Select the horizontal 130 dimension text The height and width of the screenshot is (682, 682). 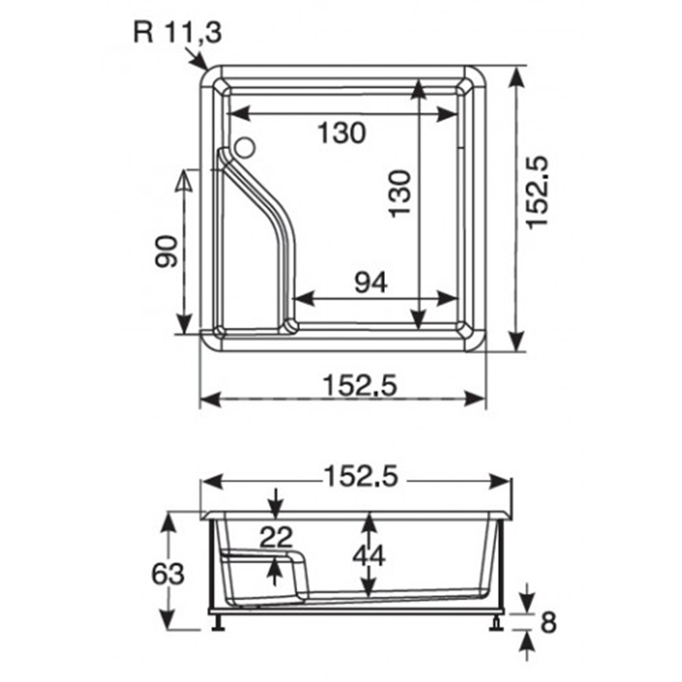pyautogui.click(x=340, y=133)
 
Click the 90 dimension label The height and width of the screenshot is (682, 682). pyautogui.click(x=165, y=252)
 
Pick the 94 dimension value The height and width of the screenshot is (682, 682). pyautogui.click(x=370, y=283)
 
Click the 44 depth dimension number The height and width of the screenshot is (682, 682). pyautogui.click(x=368, y=554)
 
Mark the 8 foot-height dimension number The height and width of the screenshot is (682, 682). pyautogui.click(x=549, y=621)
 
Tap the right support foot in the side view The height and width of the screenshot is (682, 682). pyautogui.click(x=499, y=621)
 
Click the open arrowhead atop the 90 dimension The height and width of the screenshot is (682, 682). pyautogui.click(x=184, y=181)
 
